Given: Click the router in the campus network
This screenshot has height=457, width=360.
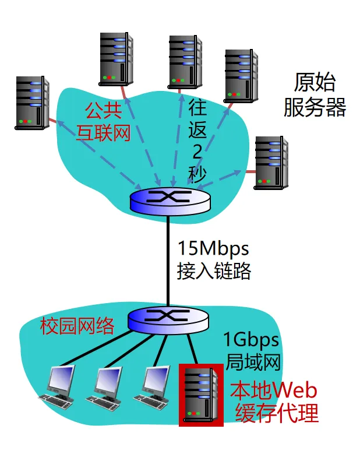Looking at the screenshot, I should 167,317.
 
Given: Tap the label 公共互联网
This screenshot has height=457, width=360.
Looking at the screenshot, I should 103,121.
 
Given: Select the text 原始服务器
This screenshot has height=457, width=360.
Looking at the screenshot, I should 315,94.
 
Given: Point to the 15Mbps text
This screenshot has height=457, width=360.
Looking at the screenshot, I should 213,249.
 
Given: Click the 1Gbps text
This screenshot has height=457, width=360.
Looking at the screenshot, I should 251,339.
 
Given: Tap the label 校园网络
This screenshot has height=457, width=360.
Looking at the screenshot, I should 77,326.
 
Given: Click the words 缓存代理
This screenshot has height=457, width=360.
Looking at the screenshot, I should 277,413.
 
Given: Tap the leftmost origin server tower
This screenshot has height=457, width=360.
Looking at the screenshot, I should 31,102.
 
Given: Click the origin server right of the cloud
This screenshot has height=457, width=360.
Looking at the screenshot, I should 271,163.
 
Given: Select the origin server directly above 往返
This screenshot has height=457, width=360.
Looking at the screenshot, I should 185,61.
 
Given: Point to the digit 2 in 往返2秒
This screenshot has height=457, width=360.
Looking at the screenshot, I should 197,151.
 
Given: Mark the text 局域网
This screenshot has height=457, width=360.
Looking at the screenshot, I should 252,361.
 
